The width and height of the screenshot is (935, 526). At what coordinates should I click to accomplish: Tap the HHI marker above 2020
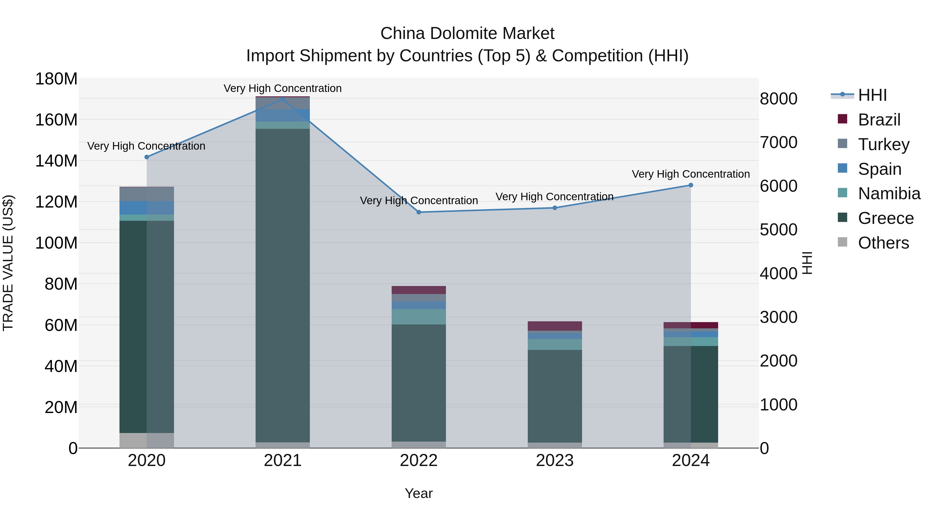coord(147,157)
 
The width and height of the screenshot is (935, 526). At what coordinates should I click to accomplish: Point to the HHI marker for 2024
coord(691,185)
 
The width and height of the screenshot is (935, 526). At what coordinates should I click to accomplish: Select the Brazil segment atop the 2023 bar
coord(555,326)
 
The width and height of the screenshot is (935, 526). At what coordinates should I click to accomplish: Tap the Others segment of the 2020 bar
coord(147,440)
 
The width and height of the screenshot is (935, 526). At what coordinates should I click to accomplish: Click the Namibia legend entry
coord(889,194)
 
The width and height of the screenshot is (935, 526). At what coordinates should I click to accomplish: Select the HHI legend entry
coord(872,95)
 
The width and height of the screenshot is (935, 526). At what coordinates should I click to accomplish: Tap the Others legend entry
coord(883,243)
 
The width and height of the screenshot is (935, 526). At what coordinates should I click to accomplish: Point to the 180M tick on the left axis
coord(56,79)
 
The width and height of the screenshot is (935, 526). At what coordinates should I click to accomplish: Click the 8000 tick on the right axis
coord(779,99)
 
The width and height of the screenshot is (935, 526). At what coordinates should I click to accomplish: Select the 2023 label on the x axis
coord(555,461)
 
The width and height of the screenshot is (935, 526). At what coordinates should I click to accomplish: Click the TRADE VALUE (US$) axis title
coord(8,263)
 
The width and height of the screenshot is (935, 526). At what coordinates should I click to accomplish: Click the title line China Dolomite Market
coord(467,34)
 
